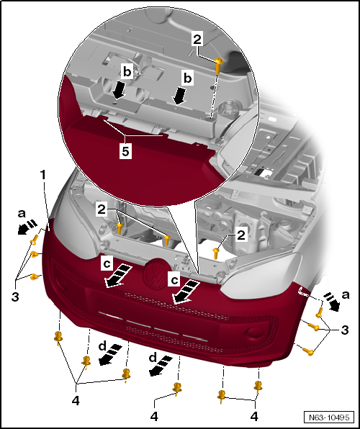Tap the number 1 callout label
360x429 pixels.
coord(43,174)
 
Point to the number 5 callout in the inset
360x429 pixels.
coord(126,153)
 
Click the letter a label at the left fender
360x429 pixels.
coord(21,214)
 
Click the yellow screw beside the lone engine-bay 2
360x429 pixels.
coord(217,251)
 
